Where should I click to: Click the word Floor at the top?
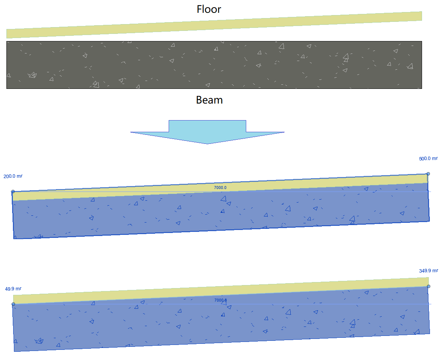point(209,9)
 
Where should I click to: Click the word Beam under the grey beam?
point(209,100)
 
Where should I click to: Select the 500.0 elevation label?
point(428,159)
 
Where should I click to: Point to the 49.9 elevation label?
point(13,289)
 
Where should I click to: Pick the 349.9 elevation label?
point(428,271)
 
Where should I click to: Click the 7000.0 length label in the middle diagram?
point(221,188)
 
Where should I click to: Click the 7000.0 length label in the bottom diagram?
point(221,300)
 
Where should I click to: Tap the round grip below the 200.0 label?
point(13,192)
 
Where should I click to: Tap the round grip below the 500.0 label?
point(428,174)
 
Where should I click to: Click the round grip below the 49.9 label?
point(13,304)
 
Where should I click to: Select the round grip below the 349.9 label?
point(428,287)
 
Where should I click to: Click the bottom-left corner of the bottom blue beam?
point(15,351)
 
